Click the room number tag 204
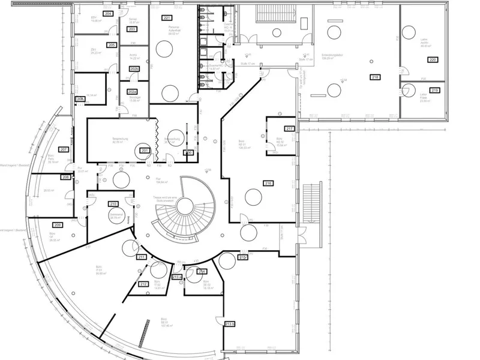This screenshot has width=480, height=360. pyautogui.click(x=108, y=13)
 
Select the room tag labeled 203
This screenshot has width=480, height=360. pyautogui.click(x=132, y=29)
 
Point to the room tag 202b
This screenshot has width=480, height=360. pyautogui.click(x=134, y=70)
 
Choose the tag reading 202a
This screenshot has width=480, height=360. pyautogui.click(x=133, y=92)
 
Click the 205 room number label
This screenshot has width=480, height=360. pyautogui.click(x=112, y=45)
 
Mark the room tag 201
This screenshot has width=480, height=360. pyautogui.click(x=145, y=150)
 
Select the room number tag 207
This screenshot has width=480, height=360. pyautogui.click(x=64, y=149)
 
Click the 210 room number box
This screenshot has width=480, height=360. pyautogui.click(x=113, y=205)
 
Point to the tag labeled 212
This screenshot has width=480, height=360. pyautogui.click(x=143, y=284)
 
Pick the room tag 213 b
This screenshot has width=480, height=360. pyautogui.click(x=230, y=324)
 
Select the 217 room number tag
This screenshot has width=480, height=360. pyautogui.click(x=289, y=129)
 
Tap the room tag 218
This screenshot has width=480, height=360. pyautogui.click(x=375, y=77)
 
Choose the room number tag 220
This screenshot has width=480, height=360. pyautogui.click(x=432, y=59)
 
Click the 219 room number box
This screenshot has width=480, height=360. pyautogui.click(x=435, y=90)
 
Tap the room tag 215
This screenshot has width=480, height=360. pyautogui.click(x=243, y=257)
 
